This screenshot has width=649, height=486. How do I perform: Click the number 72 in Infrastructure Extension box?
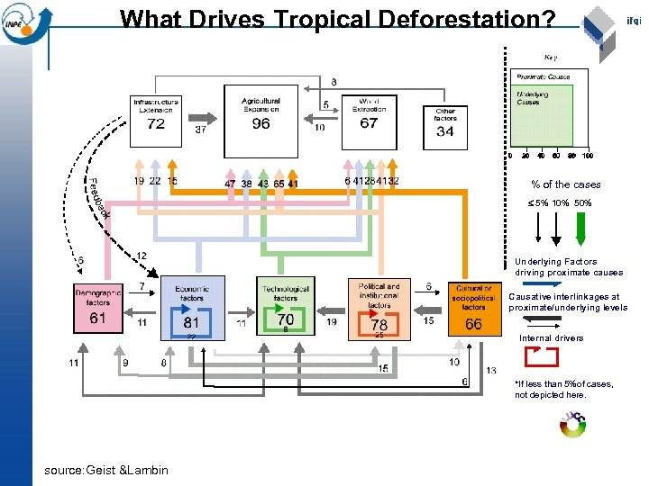tap(157, 123)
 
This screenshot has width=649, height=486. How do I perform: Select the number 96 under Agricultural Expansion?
tap(261, 123)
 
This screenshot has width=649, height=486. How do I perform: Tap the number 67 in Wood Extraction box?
tap(369, 123)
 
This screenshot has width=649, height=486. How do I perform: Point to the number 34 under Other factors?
tap(445, 131)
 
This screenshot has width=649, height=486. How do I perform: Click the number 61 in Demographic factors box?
tap(98, 319)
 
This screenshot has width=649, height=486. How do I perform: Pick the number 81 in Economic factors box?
tap(191, 321)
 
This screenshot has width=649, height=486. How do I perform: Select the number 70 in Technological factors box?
tap(285, 319)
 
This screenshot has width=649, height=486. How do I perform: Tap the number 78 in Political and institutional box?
tap(379, 323)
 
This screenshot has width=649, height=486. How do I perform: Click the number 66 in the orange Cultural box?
tap(473, 323)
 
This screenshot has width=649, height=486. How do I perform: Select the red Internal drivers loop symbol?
tap(540, 357)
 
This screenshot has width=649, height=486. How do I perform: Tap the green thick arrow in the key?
tap(580, 238)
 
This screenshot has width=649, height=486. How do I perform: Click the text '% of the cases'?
tap(565, 184)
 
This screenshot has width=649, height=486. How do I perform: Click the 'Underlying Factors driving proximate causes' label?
tap(569, 267)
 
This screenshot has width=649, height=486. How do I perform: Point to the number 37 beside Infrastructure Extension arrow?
tap(202, 130)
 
